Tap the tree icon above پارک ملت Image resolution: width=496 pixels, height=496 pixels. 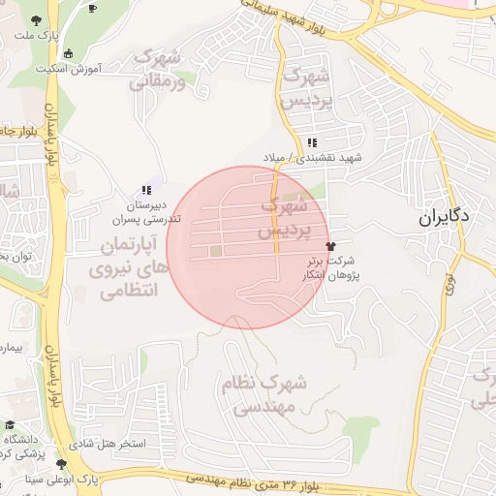tap(36, 20)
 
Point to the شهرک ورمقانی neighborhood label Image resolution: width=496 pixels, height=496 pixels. tap(157, 71)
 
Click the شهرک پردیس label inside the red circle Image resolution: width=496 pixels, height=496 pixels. tap(285, 219)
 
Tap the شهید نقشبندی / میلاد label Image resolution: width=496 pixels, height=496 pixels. tap(311, 157)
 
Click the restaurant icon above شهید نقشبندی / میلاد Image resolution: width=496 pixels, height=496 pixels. tap(311, 143)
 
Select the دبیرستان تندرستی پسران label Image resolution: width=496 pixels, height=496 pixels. tap(148, 212)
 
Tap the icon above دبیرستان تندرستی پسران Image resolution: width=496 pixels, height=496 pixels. tap(145, 191)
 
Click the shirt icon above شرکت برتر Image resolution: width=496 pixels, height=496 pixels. tap(331, 247)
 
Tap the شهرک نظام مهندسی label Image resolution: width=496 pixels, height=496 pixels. tap(263, 395)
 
